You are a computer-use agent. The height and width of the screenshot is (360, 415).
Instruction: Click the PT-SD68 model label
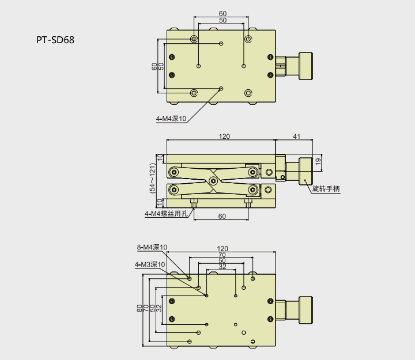click(x=55, y=40)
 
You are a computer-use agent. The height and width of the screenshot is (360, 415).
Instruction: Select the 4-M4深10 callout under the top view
click(x=171, y=119)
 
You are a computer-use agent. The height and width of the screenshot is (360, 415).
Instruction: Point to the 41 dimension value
click(x=296, y=137)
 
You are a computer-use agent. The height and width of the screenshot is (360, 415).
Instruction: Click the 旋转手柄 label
click(x=326, y=188)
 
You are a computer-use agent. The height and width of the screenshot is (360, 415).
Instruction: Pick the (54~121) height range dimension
click(x=152, y=177)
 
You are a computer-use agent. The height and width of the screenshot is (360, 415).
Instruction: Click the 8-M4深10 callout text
click(x=152, y=247)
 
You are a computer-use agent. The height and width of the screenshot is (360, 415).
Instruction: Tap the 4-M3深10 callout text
click(x=149, y=264)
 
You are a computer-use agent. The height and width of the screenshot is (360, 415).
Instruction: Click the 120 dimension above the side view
click(x=224, y=137)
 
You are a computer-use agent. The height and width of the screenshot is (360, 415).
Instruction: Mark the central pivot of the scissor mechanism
click(x=213, y=181)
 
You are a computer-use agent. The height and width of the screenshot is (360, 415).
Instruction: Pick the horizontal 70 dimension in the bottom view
click(x=222, y=255)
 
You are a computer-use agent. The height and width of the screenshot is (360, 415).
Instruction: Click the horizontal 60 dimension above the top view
click(x=222, y=13)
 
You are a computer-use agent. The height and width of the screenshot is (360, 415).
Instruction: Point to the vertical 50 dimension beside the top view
click(x=161, y=66)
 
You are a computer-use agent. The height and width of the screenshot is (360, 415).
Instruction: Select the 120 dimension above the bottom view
click(x=222, y=248)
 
